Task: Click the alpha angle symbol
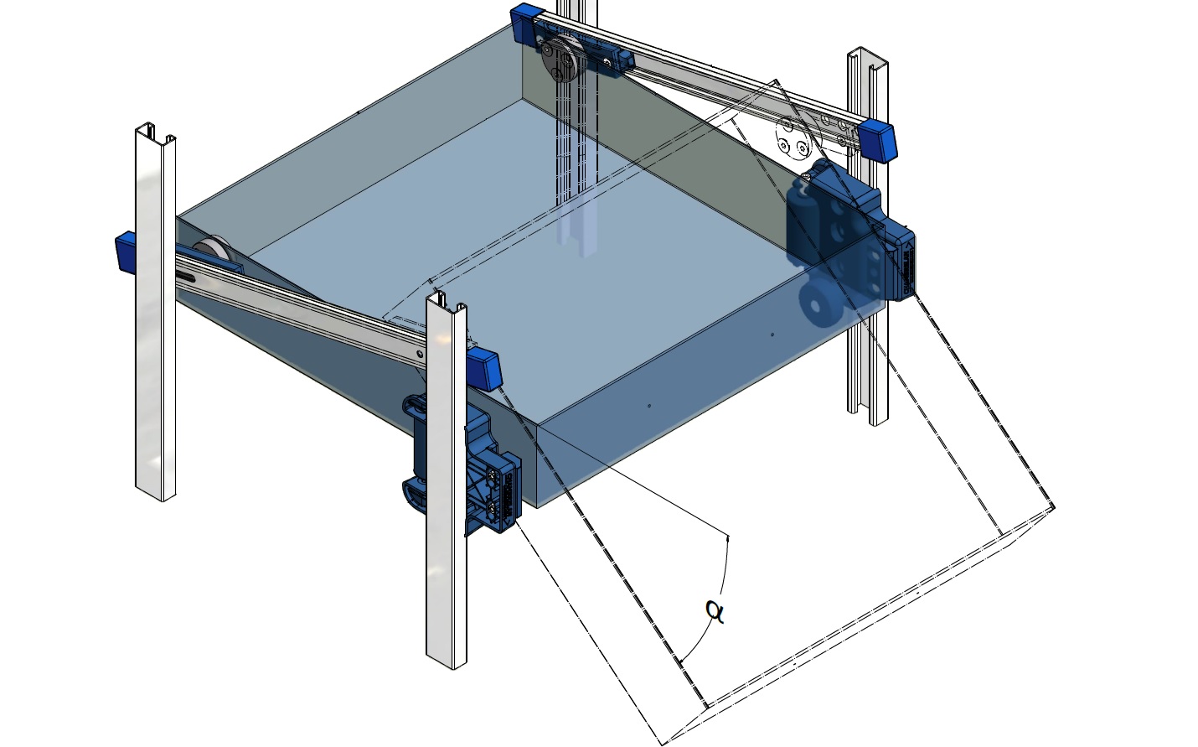tap(715, 611)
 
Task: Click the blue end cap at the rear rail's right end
tap(876, 140)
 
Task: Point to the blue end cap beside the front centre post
tap(484, 369)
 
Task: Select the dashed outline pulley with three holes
tap(798, 137)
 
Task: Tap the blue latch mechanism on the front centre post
tap(462, 465)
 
